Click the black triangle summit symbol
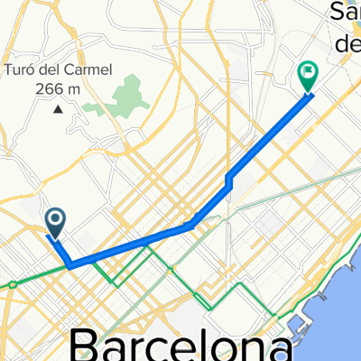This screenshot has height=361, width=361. (x=59, y=109)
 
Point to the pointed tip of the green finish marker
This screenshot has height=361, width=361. (x=309, y=93)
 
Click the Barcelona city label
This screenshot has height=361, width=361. (x=180, y=345)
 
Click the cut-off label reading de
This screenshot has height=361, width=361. (x=347, y=43)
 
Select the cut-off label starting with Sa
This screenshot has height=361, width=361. (x=345, y=12)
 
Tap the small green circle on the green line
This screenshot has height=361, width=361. (x=13, y=285)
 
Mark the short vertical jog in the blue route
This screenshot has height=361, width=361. (x=230, y=182)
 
